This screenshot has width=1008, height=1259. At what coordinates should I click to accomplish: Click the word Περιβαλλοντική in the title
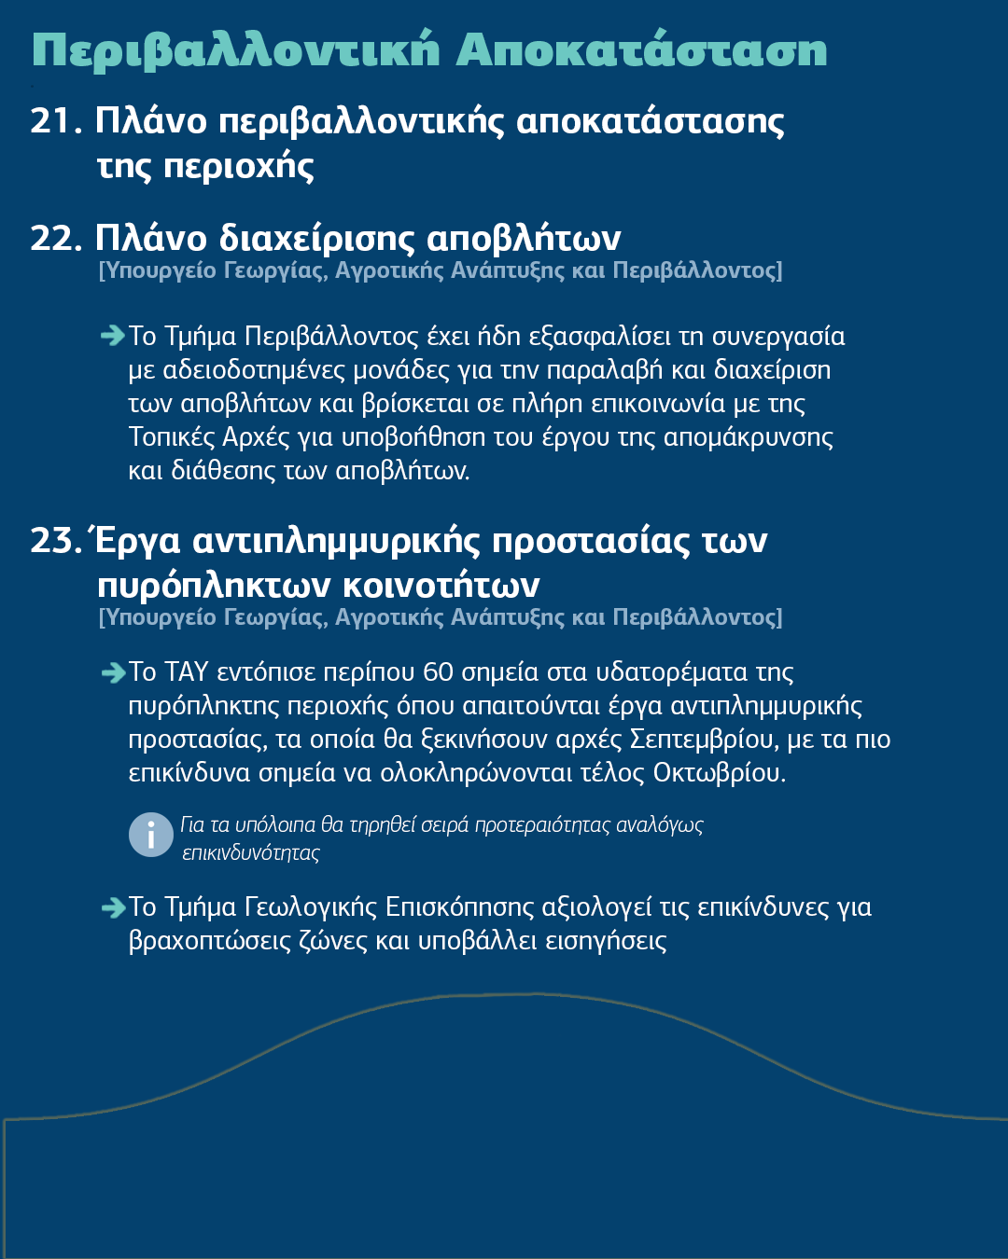pos(234,50)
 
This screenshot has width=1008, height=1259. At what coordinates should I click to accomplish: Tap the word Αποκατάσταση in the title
pos(641,50)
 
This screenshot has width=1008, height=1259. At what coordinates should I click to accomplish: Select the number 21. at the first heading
pos(57,121)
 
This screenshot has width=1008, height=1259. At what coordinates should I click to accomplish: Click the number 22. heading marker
pos(57,239)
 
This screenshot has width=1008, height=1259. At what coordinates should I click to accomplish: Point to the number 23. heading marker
pos(57,541)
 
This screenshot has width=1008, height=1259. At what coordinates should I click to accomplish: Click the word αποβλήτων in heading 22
pos(524,239)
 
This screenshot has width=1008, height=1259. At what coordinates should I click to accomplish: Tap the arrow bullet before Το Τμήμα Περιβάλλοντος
pos(112,336)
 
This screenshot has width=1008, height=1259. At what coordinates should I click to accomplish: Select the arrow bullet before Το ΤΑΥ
pos(112,671)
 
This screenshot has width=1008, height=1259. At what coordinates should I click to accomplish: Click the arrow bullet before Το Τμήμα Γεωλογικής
pos(112,906)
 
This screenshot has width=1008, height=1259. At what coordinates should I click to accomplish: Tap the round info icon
pos(151,835)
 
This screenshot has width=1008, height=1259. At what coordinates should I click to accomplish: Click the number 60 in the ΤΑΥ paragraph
pos(438,671)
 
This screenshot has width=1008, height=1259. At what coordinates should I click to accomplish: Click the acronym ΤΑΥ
pos(187,671)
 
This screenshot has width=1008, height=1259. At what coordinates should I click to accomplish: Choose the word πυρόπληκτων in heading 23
pos(214,586)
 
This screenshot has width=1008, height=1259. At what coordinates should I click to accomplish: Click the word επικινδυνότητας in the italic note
pos(250,853)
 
